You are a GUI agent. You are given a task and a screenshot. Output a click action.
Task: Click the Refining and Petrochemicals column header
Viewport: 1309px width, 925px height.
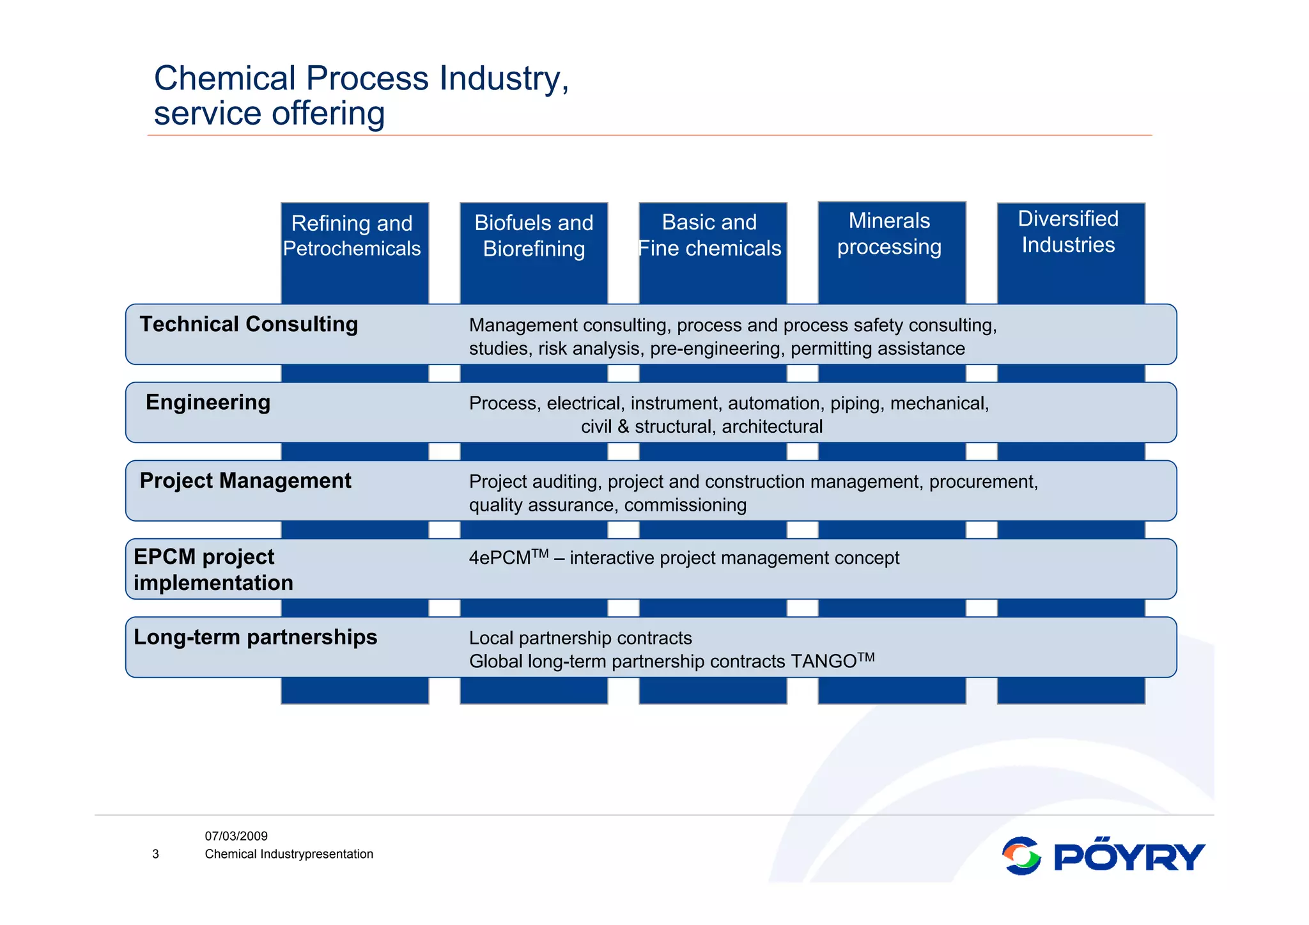(x=352, y=236)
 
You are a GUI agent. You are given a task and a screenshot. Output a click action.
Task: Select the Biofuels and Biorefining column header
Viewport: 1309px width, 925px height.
(x=534, y=236)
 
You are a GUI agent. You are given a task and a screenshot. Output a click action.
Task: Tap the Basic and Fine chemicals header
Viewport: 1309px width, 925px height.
(x=709, y=235)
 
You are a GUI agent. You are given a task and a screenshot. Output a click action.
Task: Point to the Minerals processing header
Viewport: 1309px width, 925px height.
(x=889, y=234)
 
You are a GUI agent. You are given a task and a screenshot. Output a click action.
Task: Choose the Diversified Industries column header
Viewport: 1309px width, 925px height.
(x=1068, y=232)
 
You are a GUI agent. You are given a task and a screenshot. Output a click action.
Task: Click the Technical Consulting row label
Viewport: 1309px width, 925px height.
(x=249, y=324)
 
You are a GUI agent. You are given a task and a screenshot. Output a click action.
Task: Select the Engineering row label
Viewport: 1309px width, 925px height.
(x=208, y=402)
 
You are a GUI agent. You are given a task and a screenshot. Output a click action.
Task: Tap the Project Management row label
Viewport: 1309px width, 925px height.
(x=245, y=481)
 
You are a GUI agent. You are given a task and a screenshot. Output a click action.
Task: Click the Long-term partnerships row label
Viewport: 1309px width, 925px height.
(x=255, y=637)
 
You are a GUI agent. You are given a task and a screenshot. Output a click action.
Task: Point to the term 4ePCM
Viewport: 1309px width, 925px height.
(x=500, y=558)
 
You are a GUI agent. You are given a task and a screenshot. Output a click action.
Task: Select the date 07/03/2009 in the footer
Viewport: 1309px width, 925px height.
(x=236, y=836)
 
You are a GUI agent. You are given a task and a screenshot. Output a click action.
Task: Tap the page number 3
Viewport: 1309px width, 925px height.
(x=155, y=854)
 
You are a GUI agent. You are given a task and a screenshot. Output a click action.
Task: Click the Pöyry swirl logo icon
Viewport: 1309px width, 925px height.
(x=1021, y=856)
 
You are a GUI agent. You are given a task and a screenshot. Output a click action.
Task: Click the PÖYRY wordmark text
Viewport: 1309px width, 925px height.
(x=1129, y=857)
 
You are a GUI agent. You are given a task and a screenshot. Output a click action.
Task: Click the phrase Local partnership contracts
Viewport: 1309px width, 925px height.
(x=580, y=638)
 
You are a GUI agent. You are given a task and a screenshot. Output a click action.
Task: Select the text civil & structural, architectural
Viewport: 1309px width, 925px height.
(x=701, y=426)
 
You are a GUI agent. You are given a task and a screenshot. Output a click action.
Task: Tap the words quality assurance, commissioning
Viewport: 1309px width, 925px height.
(x=607, y=505)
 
